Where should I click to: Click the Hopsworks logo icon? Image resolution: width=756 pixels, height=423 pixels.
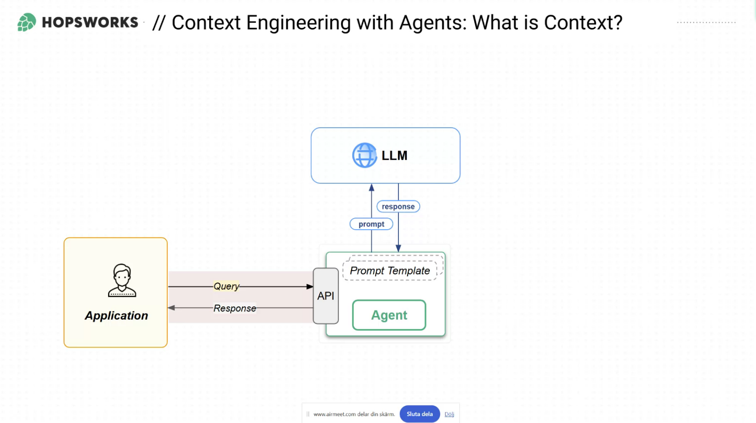pyautogui.click(x=27, y=22)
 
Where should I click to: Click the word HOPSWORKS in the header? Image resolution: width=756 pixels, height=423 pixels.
pyautogui.click(x=90, y=23)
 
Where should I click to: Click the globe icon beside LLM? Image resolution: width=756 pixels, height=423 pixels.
pyautogui.click(x=364, y=155)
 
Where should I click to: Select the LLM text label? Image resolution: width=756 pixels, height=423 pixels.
pyautogui.click(x=394, y=156)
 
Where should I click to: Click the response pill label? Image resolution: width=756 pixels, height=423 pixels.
pyautogui.click(x=398, y=207)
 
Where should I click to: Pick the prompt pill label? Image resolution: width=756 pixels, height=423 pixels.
pyautogui.click(x=371, y=224)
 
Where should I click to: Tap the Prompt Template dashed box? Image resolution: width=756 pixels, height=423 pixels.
pyautogui.click(x=390, y=271)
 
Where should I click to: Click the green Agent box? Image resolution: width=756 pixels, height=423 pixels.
pyautogui.click(x=389, y=315)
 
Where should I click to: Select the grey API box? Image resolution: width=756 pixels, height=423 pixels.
pyautogui.click(x=326, y=296)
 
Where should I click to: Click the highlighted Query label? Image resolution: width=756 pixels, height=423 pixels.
pyautogui.click(x=226, y=286)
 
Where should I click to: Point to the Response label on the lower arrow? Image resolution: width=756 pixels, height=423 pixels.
pyautogui.click(x=235, y=308)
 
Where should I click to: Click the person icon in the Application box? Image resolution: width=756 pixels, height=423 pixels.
pyautogui.click(x=122, y=280)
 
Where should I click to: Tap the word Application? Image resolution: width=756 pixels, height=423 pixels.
pyautogui.click(x=116, y=316)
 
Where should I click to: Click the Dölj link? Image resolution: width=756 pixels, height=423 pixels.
pyautogui.click(x=449, y=414)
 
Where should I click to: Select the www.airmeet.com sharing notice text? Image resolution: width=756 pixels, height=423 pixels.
pyautogui.click(x=354, y=414)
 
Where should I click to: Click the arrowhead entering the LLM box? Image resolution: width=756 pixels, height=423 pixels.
pyautogui.click(x=372, y=187)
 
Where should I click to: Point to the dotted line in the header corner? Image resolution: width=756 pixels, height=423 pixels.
pyautogui.click(x=706, y=22)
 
